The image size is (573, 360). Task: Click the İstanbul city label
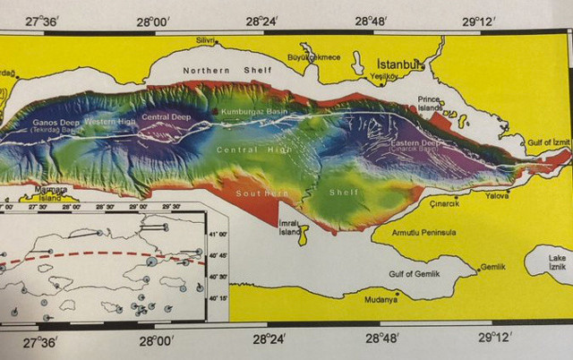[x=399, y=65]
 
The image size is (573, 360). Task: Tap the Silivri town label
[x=207, y=40]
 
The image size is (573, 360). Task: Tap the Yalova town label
[x=497, y=195]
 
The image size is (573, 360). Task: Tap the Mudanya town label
[x=380, y=300]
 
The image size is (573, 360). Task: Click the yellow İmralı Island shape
[x=304, y=235]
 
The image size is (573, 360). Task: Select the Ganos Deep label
[x=57, y=124]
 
